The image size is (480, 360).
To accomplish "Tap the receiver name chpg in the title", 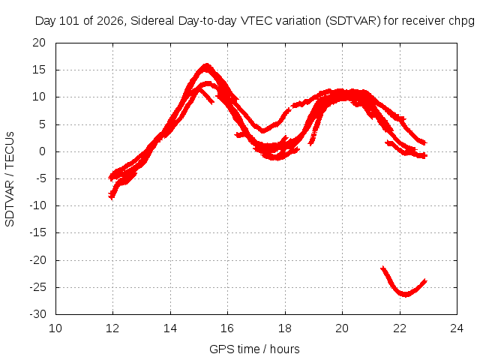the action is click(x=461, y=22).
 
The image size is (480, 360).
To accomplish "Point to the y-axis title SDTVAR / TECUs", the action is click(x=10, y=179).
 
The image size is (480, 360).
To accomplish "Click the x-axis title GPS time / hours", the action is click(x=254, y=349).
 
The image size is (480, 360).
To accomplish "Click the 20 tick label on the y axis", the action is click(x=39, y=43).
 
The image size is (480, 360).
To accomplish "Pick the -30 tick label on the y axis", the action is click(x=38, y=314).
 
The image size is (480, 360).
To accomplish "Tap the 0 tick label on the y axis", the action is click(x=43, y=151).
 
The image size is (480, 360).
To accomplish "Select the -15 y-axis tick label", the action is click(x=38, y=232).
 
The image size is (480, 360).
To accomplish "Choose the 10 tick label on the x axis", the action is click(x=55, y=328).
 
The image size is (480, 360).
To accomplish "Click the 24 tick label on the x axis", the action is click(x=457, y=328).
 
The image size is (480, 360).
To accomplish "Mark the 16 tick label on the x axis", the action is click(x=227, y=328).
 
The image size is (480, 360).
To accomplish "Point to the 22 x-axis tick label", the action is click(x=400, y=328).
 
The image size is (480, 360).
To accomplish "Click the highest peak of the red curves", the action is click(x=207, y=65).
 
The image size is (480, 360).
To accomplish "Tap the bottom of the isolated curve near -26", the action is click(x=405, y=295).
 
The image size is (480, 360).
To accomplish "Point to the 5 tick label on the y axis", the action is click(x=43, y=124).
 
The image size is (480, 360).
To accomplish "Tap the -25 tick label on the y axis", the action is click(x=38, y=287).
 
